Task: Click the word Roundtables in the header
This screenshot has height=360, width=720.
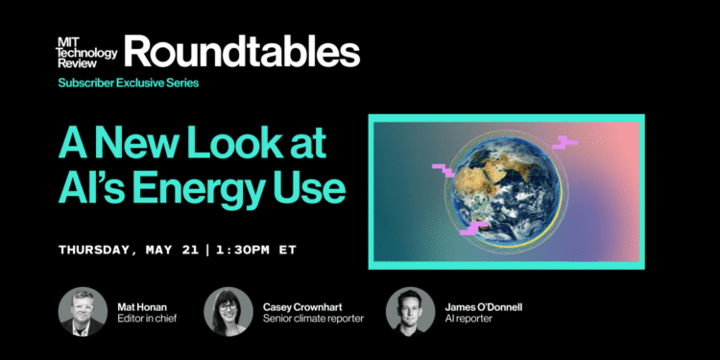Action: point(241,54)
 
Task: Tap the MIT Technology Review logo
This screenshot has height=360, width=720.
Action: point(88,53)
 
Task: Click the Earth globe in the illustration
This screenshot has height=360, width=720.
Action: point(504,189)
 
